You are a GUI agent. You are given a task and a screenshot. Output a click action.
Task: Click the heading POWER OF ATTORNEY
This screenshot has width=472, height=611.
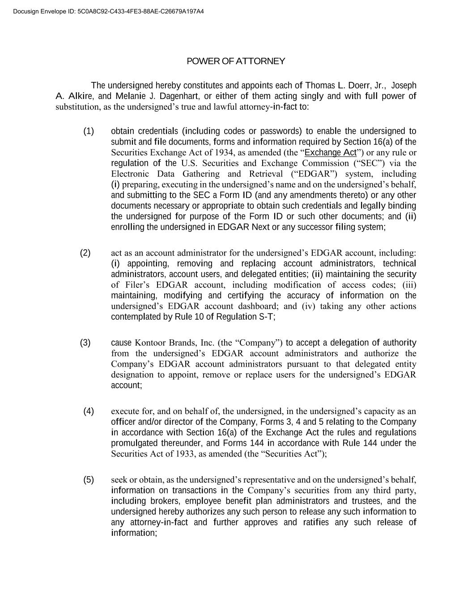[x=236, y=61]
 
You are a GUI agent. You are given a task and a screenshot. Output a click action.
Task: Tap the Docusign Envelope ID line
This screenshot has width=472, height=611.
[x=108, y=11]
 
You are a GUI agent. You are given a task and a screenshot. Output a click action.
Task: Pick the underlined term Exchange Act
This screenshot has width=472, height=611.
[x=330, y=153]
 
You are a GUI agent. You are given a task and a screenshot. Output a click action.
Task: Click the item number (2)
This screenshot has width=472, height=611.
[x=85, y=253]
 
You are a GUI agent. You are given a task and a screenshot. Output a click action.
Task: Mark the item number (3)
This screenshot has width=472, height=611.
[x=85, y=343]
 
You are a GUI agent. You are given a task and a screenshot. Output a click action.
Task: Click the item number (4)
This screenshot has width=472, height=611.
[x=89, y=411]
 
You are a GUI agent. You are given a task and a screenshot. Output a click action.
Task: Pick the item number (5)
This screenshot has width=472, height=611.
[x=89, y=480]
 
